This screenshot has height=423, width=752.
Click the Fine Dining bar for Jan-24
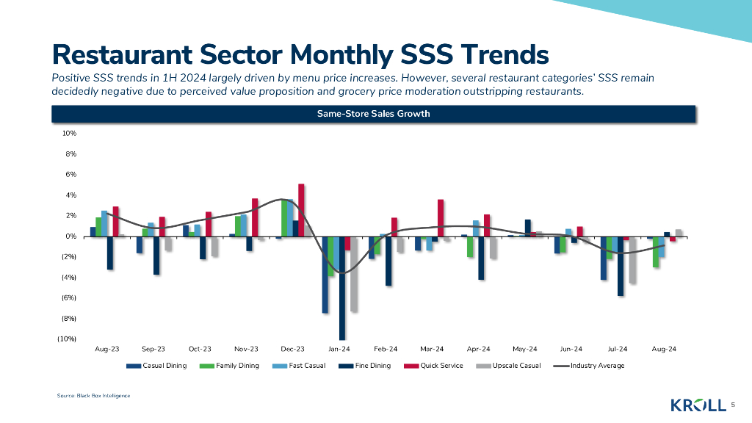[342, 288]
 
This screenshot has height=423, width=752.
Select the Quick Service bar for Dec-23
[301, 210]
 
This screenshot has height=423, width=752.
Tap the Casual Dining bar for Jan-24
[325, 275]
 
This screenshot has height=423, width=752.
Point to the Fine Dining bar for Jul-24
[621, 266]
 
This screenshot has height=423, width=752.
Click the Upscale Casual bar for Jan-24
[354, 274]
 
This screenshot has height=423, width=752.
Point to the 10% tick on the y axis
[70, 134]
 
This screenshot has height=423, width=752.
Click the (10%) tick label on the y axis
[68, 339]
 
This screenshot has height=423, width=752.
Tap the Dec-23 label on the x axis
[293, 350]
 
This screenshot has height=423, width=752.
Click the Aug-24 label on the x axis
[663, 350]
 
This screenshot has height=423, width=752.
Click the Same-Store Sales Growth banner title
[373, 114]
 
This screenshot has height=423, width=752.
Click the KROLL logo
[698, 405]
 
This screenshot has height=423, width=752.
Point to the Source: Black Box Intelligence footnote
[93, 396]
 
